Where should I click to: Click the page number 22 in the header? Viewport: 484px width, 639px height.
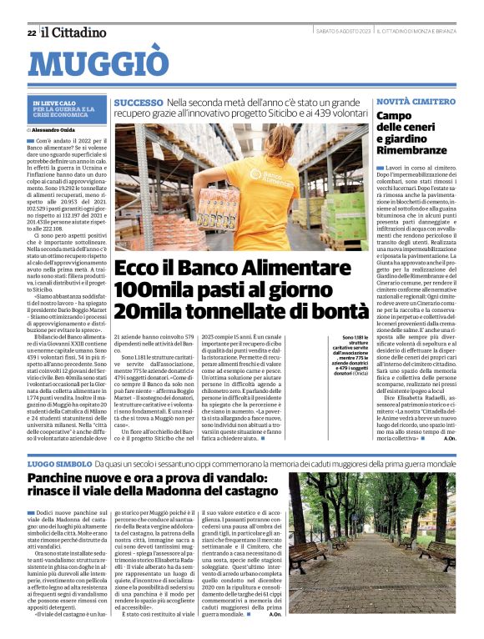31,33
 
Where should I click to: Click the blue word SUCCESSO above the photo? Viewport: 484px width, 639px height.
139,102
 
